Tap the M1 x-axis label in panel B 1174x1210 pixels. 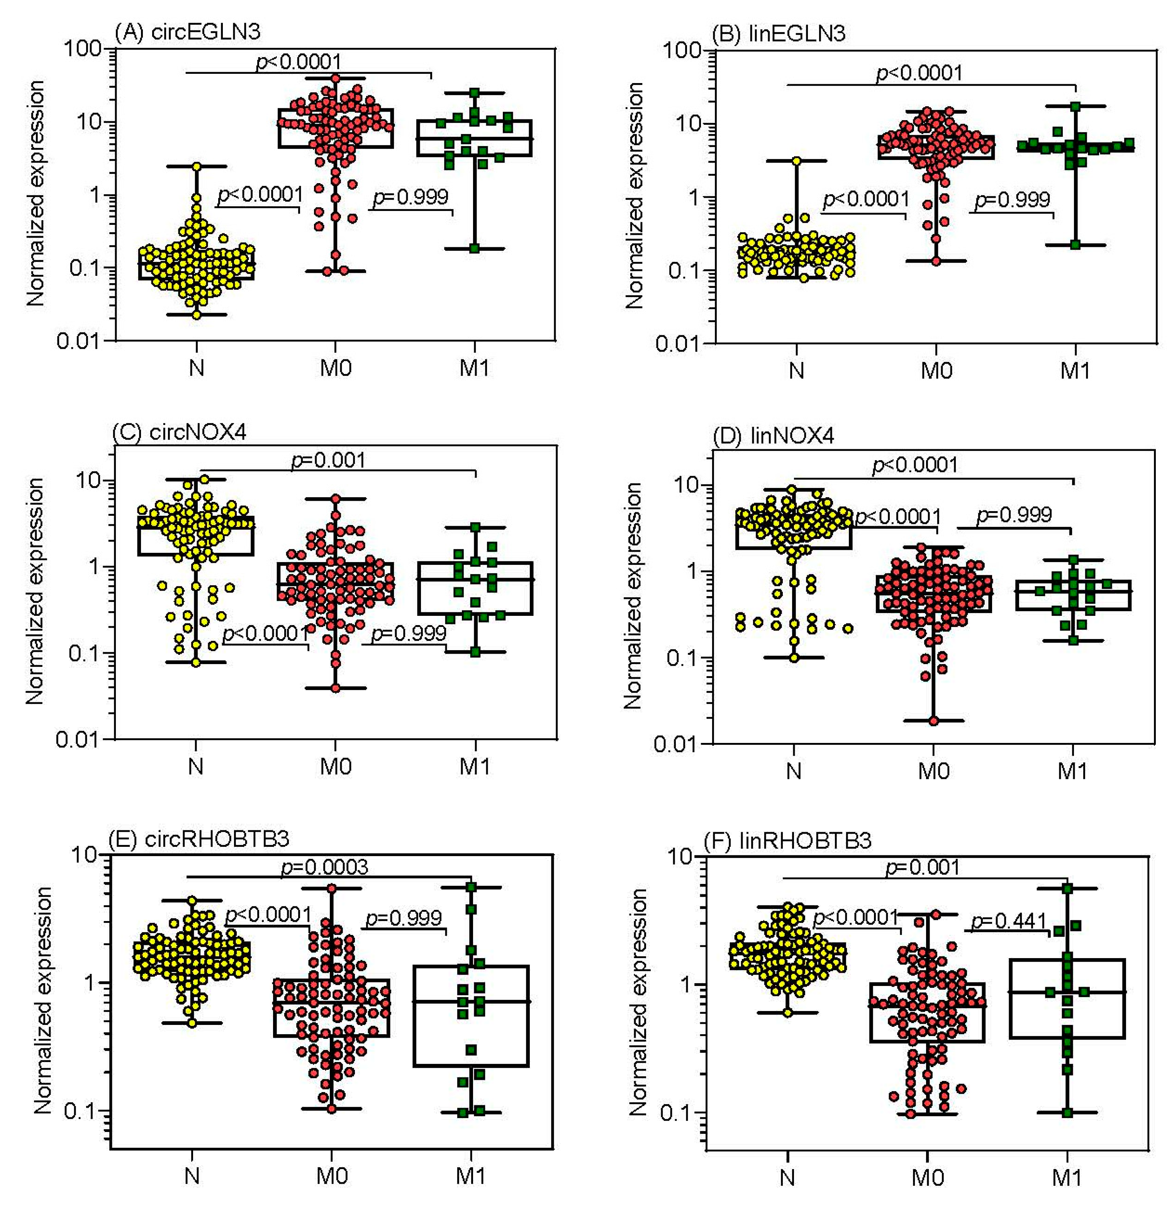click(x=1075, y=371)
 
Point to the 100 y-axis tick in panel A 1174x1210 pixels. click(x=83, y=48)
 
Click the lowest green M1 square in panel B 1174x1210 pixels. click(x=1075, y=245)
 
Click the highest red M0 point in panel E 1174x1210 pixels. click(x=331, y=888)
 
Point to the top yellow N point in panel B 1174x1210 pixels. click(x=796, y=161)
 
